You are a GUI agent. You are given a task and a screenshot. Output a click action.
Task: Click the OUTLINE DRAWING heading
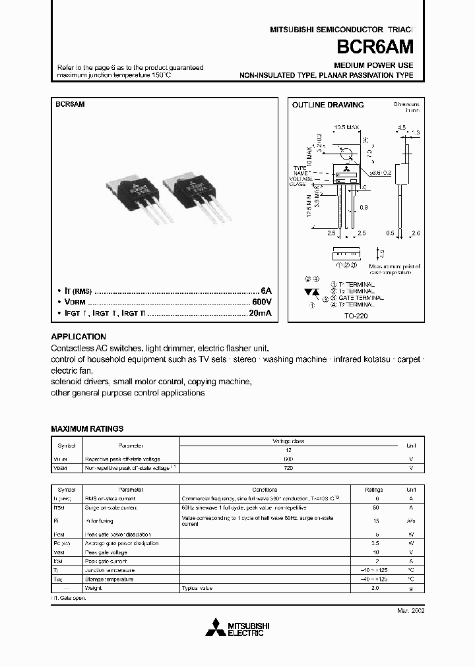click(x=328, y=105)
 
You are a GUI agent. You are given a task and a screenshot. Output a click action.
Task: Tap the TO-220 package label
click(x=356, y=316)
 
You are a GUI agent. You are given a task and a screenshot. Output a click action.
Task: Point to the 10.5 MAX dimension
click(x=346, y=126)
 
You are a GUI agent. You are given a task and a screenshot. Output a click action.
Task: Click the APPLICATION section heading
click(x=78, y=336)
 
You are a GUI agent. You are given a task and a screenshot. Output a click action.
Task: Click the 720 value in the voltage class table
click(x=288, y=468)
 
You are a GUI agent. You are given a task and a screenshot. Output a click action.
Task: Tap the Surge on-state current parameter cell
click(x=111, y=508)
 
